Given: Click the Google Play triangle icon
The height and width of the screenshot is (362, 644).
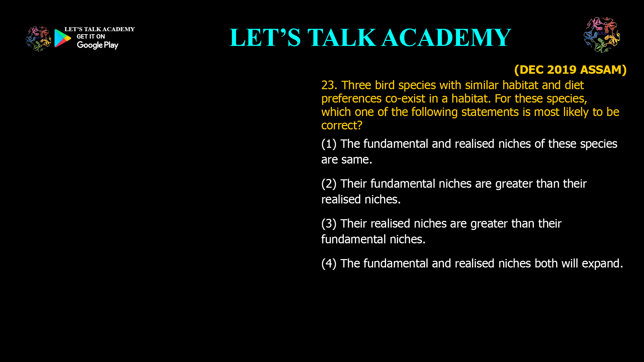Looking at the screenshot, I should point(63,38).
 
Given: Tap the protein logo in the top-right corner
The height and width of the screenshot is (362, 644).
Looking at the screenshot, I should point(602,35).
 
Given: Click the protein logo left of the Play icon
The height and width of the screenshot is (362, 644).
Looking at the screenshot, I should point(38,39).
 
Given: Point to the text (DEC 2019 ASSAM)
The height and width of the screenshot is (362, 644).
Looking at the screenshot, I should point(570,70).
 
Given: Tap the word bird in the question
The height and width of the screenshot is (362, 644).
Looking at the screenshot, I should point(385,85).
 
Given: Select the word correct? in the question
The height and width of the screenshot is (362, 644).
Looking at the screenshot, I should point(342,125).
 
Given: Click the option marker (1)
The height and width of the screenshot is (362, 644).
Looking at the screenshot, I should point(329,144).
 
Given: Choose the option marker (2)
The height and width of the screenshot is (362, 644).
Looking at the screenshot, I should point(329,184).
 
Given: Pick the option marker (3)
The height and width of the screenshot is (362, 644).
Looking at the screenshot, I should point(329,224).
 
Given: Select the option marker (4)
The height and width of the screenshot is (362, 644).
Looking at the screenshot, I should point(329,263).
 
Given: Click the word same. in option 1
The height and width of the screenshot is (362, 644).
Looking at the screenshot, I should point(357,160).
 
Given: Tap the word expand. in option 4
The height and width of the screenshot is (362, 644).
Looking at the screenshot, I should point(602,263).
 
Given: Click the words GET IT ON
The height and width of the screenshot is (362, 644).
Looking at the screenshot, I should point(91,37).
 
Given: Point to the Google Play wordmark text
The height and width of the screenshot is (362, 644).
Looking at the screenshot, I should point(97,45).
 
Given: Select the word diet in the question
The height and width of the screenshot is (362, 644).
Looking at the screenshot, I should point(574,85).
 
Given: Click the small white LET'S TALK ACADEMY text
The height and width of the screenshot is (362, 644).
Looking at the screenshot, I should point(99,29).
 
